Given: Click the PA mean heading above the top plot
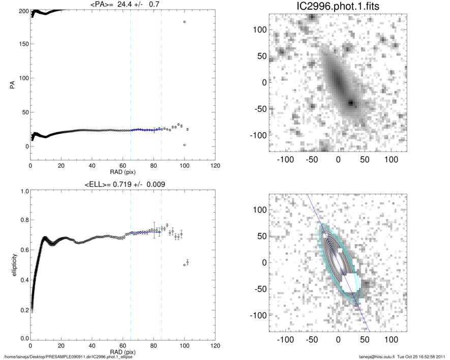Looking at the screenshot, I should [122, 6].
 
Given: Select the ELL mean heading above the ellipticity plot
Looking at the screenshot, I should [122, 184].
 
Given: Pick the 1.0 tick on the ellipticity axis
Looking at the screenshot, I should [21, 192].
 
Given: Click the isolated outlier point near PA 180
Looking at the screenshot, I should [184, 22].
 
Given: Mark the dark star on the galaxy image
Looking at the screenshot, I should [351, 103].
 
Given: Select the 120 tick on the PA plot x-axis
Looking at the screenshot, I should [215, 166].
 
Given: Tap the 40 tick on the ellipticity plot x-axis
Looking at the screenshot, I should [92, 346].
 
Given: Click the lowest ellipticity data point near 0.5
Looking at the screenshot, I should [184, 265].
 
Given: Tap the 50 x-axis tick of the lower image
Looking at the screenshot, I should [365, 339].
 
